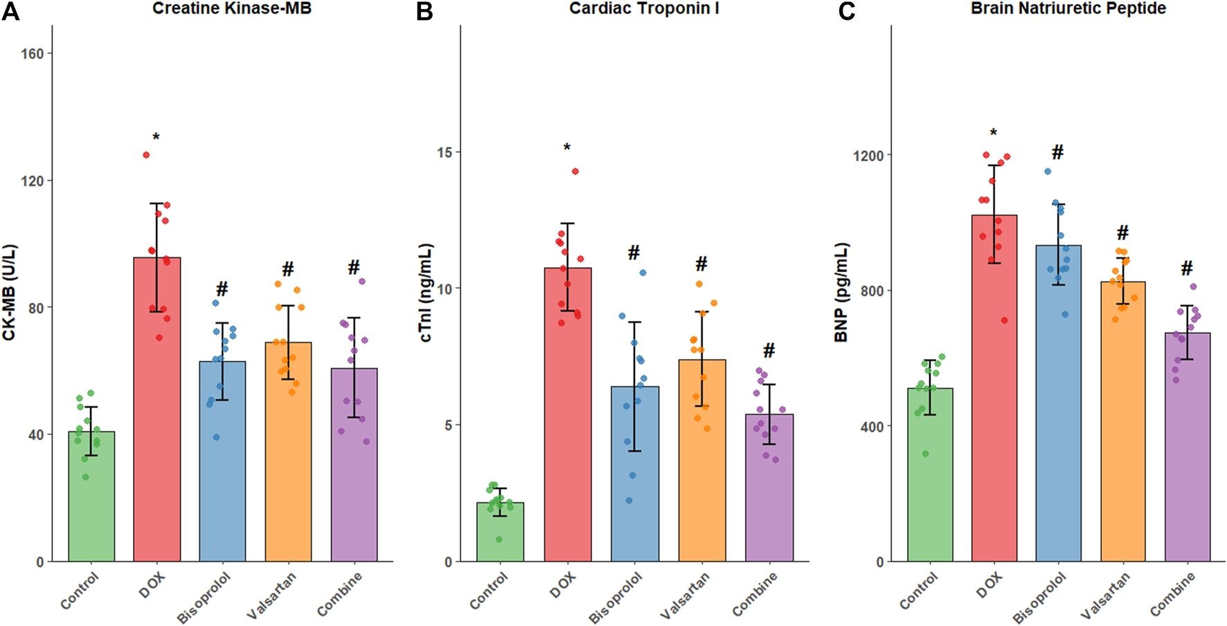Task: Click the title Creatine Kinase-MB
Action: coord(231,8)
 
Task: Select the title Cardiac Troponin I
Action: coord(644,8)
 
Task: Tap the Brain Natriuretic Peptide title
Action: coord(1068,8)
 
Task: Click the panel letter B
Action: coord(424,12)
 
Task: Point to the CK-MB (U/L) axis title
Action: coord(9,293)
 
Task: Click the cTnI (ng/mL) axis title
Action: coord(425,293)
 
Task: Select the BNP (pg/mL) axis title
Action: coord(841,293)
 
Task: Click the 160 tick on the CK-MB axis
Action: coord(33,54)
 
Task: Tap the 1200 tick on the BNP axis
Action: coord(868,156)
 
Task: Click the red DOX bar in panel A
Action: coord(157,415)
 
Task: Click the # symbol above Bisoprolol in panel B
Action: coord(634,253)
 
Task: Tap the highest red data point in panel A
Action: coord(146,155)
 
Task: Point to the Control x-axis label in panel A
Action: coord(80,591)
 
